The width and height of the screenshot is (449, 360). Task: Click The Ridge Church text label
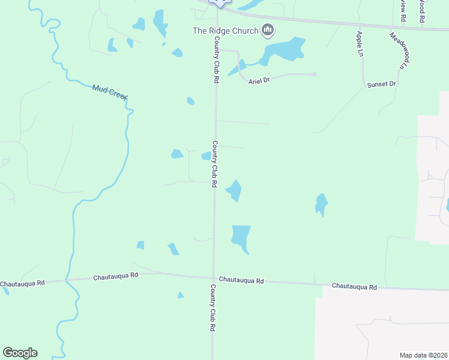[225, 31]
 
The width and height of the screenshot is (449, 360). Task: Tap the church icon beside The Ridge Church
[268, 30]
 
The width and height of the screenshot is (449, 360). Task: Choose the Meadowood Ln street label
[399, 51]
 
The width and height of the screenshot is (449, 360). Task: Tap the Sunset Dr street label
[382, 85]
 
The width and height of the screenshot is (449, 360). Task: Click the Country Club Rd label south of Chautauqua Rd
[212, 308]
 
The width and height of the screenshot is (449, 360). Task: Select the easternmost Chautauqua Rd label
[354, 287]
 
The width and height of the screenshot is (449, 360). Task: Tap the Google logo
[20, 353]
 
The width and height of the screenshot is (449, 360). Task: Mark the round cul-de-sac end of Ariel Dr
[314, 74]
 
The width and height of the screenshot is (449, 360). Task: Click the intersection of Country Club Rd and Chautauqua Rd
[214, 278]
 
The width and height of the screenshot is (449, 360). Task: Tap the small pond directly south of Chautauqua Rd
[180, 295]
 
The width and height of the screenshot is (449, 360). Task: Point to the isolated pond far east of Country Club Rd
[322, 204]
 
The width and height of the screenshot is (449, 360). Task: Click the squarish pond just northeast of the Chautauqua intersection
[240, 236]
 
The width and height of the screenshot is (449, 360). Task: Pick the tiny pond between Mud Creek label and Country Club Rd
[190, 101]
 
